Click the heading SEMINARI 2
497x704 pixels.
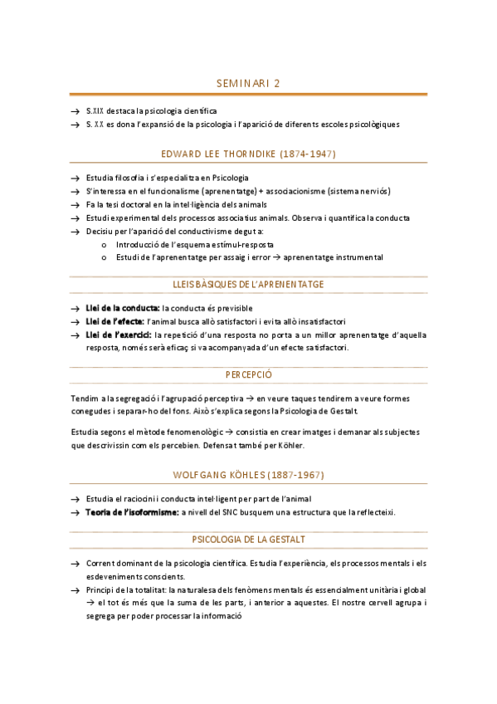click(248, 84)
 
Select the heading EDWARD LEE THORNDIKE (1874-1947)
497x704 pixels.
click(248, 154)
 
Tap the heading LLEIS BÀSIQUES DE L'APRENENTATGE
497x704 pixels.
click(248, 284)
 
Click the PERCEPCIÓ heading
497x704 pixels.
click(248, 374)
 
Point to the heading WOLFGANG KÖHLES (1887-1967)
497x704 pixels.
click(248, 475)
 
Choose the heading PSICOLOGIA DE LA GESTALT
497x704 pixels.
click(248, 540)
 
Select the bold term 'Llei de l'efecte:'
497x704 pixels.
click(115, 322)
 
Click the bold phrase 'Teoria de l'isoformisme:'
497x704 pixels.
click(133, 512)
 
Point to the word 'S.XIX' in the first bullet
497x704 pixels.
click(95, 110)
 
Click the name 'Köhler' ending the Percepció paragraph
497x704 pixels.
click(292, 446)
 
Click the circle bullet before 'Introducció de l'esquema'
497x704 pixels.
click(103, 245)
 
